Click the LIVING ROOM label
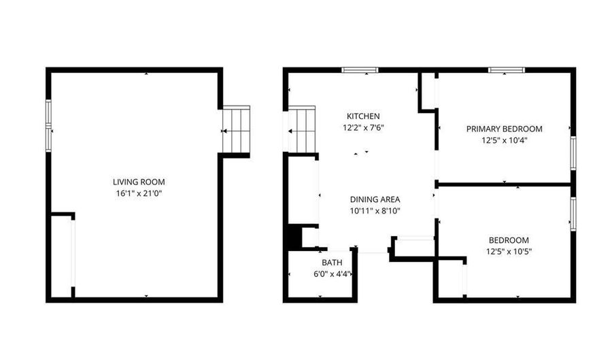click(x=139, y=182)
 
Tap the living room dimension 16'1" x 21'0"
click(x=139, y=193)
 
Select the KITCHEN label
click(x=363, y=116)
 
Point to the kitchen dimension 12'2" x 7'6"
click(x=363, y=128)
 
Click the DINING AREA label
click(x=375, y=199)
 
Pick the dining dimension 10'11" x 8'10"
click(x=375, y=211)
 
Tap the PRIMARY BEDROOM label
click(x=505, y=129)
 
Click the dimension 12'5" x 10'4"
click(x=505, y=141)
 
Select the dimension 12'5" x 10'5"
click(x=509, y=252)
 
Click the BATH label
click(x=332, y=263)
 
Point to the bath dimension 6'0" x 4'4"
click(x=333, y=274)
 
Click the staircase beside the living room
click(x=236, y=129)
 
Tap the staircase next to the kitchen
click(x=301, y=129)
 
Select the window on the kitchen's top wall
click(x=360, y=70)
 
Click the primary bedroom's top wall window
click(x=506, y=70)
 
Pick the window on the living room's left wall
click(x=49, y=126)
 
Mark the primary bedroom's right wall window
click(x=573, y=152)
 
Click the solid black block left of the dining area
click(x=294, y=236)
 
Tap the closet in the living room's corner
click(x=61, y=255)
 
